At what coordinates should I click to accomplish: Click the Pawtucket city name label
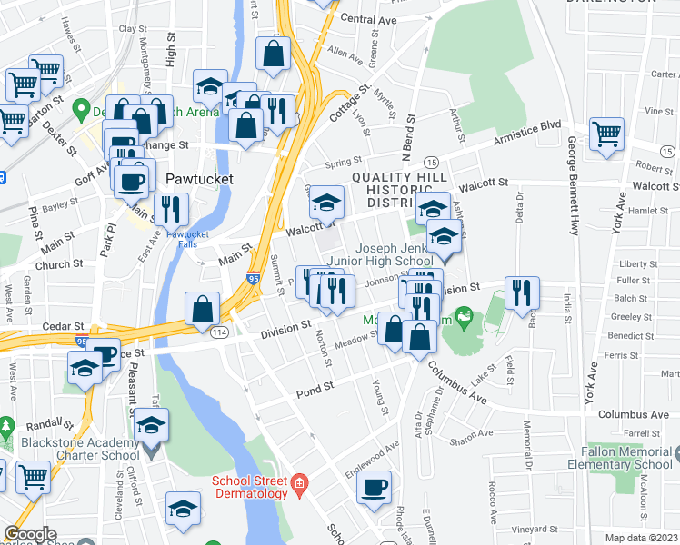tap(199, 179)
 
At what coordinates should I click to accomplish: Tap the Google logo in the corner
tap(30, 534)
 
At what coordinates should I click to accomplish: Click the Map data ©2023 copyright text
tap(642, 538)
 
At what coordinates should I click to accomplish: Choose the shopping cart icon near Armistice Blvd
tap(606, 134)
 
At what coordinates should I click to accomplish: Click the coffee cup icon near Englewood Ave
tap(374, 487)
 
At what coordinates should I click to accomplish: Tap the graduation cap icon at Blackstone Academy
tap(152, 423)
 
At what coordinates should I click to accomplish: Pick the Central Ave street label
tap(368, 18)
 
